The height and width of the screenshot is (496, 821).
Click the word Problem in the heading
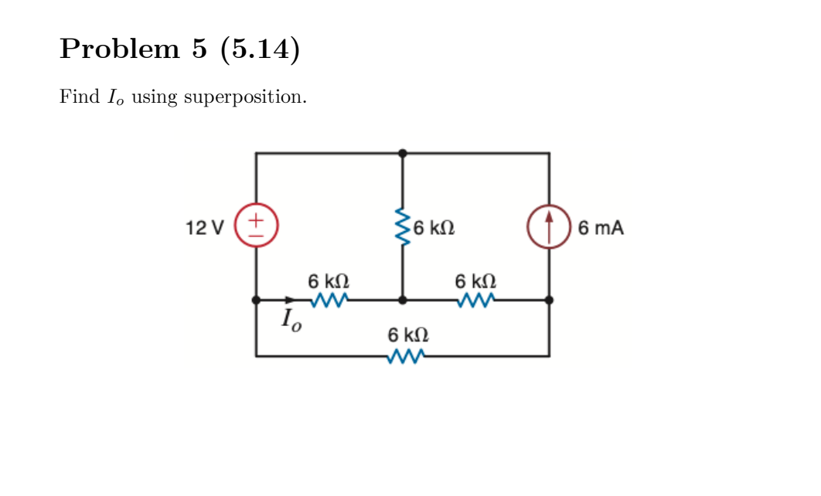pyautogui.click(x=119, y=49)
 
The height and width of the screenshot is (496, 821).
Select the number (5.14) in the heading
pyautogui.click(x=260, y=49)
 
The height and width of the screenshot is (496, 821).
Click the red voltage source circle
pyautogui.click(x=256, y=226)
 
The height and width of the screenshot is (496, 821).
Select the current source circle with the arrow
pyautogui.click(x=549, y=227)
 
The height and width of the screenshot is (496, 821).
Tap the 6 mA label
pyautogui.click(x=600, y=228)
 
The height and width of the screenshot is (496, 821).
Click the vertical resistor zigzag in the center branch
pyautogui.click(x=402, y=226)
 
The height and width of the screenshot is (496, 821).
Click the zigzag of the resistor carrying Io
pyautogui.click(x=329, y=300)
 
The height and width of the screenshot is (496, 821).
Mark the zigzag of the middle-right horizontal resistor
pyautogui.click(x=476, y=300)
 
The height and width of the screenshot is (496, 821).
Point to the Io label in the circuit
pyautogui.click(x=291, y=318)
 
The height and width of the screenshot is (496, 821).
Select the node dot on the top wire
pyautogui.click(x=402, y=153)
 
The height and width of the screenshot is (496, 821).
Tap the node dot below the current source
pyautogui.click(x=549, y=300)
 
